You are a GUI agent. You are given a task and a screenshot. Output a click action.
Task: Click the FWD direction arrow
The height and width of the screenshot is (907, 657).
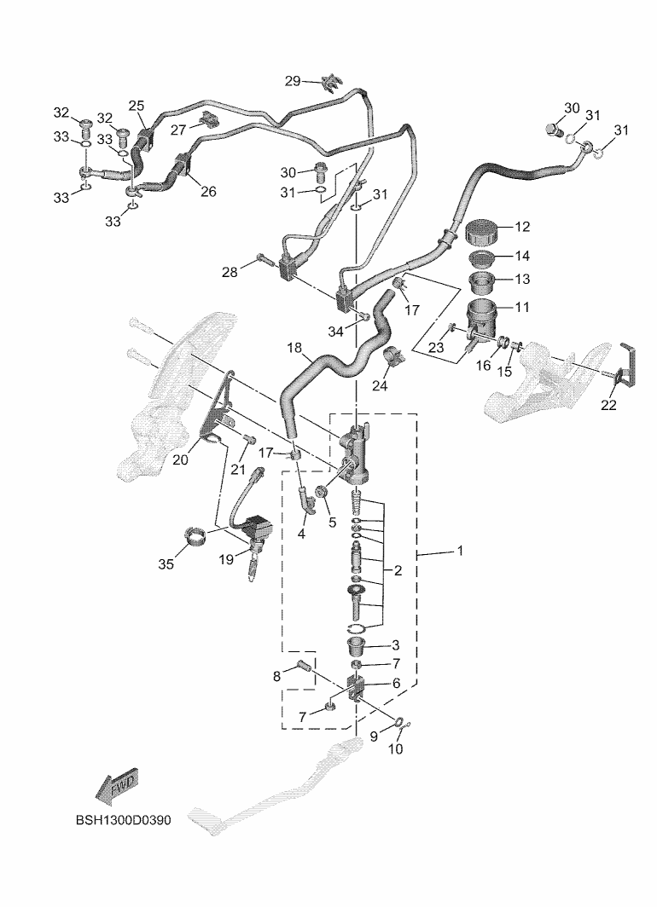click(117, 785)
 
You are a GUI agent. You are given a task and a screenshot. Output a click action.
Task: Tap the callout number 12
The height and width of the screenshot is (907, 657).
click(521, 227)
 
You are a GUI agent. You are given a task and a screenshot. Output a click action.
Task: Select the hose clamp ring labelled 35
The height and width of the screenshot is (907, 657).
click(198, 539)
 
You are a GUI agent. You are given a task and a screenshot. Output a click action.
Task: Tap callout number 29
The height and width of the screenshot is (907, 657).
click(293, 81)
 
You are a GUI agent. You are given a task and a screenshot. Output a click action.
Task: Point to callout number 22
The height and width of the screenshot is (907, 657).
click(608, 405)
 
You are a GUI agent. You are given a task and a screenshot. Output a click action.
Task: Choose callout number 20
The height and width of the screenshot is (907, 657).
click(180, 460)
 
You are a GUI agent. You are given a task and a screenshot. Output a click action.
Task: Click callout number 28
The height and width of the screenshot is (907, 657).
click(230, 272)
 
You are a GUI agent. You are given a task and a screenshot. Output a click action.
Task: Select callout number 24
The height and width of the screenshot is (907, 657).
click(378, 386)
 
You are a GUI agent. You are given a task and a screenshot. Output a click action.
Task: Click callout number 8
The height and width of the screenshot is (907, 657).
click(277, 677)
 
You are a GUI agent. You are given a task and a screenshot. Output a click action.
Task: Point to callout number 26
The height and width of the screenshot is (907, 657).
click(207, 191)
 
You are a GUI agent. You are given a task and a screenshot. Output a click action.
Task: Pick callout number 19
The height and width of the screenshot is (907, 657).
click(226, 559)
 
